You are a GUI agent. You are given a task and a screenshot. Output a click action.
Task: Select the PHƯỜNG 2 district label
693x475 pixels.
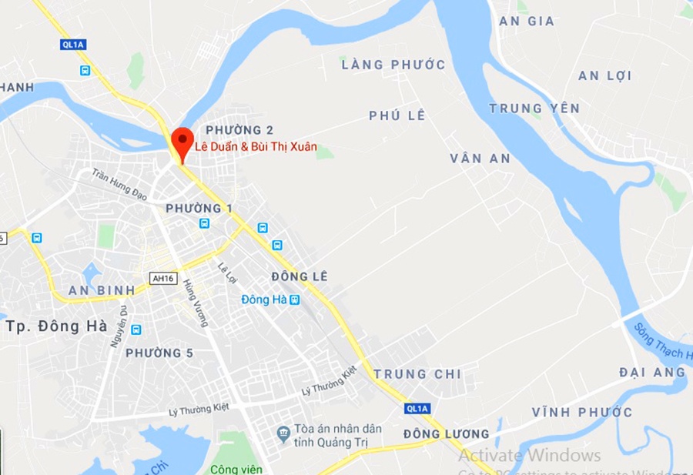click(x=239, y=130)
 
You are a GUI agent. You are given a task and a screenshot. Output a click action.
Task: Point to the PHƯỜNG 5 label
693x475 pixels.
click(x=159, y=353)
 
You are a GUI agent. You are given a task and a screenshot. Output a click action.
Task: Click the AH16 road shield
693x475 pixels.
click(x=163, y=279)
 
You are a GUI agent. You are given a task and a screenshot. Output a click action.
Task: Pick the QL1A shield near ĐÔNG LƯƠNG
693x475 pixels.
click(x=416, y=408)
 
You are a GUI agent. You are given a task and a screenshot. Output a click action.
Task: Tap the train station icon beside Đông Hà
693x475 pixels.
click(x=294, y=299)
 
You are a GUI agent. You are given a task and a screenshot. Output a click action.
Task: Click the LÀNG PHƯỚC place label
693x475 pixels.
click(x=393, y=65)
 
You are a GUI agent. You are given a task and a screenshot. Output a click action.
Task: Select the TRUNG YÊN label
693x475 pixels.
click(x=534, y=109)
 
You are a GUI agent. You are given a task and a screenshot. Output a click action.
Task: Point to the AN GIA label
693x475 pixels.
click(x=527, y=21)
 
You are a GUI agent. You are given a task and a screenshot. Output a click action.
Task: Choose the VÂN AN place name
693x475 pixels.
click(x=480, y=159)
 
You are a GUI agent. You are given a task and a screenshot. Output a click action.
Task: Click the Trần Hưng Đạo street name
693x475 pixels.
click(x=119, y=185)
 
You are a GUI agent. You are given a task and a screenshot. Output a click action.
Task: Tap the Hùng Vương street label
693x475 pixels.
click(x=196, y=303)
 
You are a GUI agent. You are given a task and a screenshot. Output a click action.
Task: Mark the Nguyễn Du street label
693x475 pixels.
click(x=118, y=326)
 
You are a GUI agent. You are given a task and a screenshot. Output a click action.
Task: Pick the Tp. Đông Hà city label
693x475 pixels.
click(x=56, y=326)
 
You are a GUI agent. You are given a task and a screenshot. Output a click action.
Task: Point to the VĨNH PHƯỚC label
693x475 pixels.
click(x=582, y=413)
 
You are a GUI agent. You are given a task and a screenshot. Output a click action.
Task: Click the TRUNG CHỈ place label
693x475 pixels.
click(x=417, y=374)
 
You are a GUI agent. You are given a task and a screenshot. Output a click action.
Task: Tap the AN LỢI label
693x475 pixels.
click(x=604, y=75)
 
